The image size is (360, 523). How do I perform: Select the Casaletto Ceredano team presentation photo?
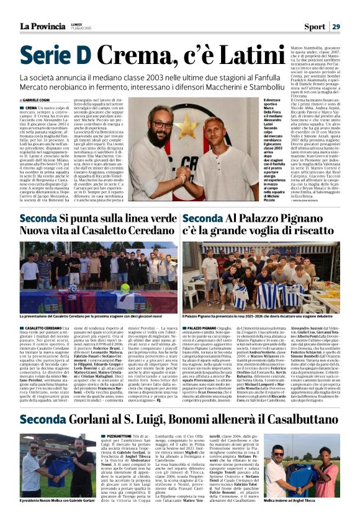pyautogui.click(x=99, y=276)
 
